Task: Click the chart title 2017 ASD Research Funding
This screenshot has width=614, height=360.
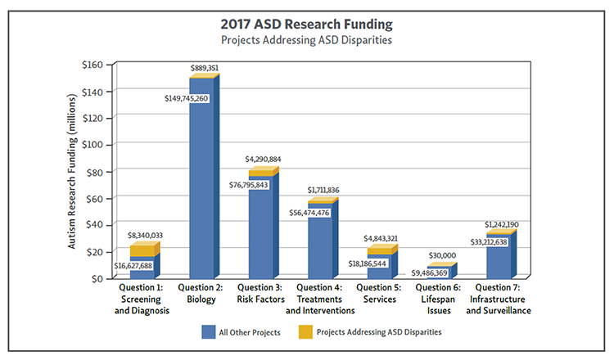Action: point(307,23)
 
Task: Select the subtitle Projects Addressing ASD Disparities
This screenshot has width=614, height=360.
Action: point(307,39)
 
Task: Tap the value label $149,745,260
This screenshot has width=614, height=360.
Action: point(187,98)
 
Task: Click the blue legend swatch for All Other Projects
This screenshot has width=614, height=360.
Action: point(210,332)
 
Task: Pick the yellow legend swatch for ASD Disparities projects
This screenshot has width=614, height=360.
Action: point(305,332)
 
